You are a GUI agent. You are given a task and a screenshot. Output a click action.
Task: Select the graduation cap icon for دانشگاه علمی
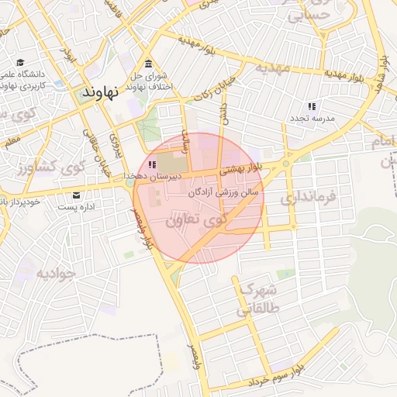click(19, 63)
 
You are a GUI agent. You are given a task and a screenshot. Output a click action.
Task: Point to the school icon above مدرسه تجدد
click(312, 106)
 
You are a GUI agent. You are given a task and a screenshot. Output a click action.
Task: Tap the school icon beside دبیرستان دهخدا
click(152, 164)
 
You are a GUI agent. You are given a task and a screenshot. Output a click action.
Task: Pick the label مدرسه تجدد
click(312, 118)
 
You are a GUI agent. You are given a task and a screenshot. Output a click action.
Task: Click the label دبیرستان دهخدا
click(152, 177)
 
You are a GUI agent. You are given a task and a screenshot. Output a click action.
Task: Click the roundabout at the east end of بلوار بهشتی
click(287, 164)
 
